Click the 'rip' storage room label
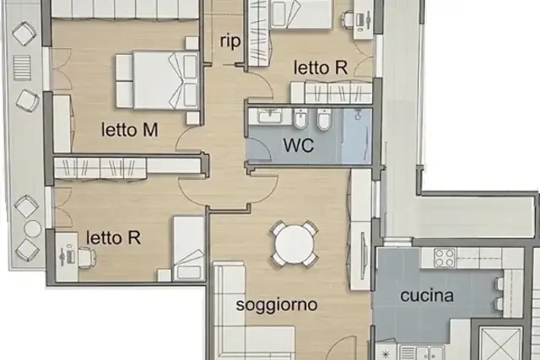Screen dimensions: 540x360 [x=230, y=42]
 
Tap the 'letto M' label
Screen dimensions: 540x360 [x=129, y=130]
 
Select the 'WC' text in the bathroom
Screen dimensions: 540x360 [x=299, y=145]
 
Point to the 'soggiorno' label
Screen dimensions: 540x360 [x=277, y=305]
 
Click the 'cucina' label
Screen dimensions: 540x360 [x=427, y=296]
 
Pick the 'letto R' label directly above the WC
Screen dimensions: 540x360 [x=321, y=67]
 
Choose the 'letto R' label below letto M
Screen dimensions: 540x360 [x=113, y=238]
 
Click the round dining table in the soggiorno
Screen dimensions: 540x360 [x=294, y=244]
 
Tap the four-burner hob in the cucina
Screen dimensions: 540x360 [x=445, y=258]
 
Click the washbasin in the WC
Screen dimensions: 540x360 [x=270, y=116]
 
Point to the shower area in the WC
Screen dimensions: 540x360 [x=357, y=137]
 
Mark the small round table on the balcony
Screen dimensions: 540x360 [x=33, y=228]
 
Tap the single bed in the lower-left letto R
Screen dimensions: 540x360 [x=189, y=248]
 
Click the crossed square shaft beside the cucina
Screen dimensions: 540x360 [x=500, y=344]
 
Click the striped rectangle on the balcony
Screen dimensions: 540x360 [x=22, y=67]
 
